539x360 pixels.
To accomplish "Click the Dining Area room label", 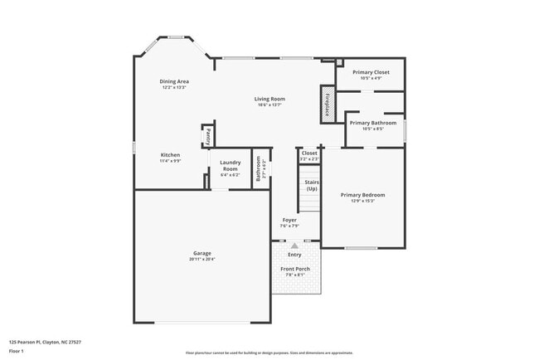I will (x=174, y=81).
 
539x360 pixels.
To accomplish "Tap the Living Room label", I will (x=269, y=99).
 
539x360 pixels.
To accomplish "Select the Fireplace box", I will (x=328, y=105).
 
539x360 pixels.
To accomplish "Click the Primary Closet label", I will (x=371, y=72).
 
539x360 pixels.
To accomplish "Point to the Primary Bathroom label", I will (x=372, y=123).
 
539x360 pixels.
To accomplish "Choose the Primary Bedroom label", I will (x=362, y=195).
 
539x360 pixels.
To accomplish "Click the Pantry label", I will (x=208, y=136).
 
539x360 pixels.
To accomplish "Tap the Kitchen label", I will (x=170, y=154).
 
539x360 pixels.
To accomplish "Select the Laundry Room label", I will (x=230, y=165).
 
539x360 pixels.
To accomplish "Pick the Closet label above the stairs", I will (x=308, y=153).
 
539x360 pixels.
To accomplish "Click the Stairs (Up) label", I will (x=311, y=184).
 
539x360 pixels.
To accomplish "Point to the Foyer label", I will (x=288, y=220).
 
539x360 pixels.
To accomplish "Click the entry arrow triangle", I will (x=294, y=246).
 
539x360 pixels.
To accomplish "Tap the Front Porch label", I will (x=295, y=270).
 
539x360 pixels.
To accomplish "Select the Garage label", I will (x=202, y=253).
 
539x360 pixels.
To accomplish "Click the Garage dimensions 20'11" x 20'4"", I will (x=202, y=260).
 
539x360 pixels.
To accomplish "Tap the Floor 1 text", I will (x=17, y=351).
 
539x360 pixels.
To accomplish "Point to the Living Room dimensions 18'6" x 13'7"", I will (x=269, y=105).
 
